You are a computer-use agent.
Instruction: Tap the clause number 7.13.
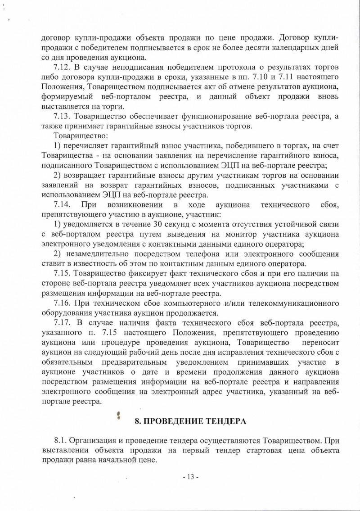[x=62, y=117]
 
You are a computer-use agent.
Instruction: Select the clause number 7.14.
[x=62, y=205]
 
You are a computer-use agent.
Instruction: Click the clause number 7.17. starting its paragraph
[x=62, y=322]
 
